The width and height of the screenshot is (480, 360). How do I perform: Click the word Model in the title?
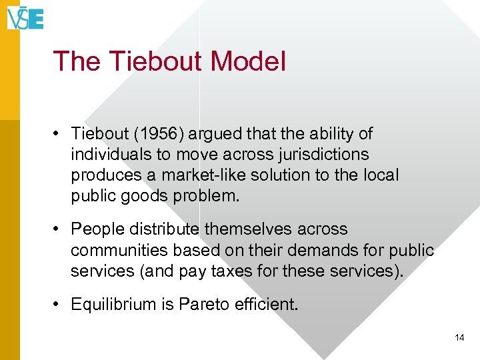pyautogui.click(x=247, y=61)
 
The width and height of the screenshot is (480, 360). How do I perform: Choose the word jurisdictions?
pyautogui.click(x=317, y=155)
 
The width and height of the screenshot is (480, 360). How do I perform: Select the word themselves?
pyautogui.click(x=249, y=229)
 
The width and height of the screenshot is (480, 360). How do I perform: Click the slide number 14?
pyautogui.click(x=459, y=338)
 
